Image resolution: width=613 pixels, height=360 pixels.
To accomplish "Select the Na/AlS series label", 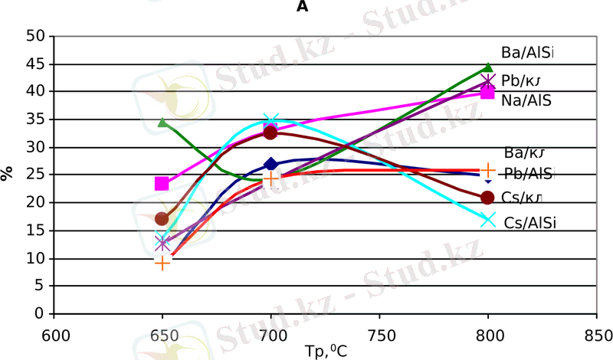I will (526, 100).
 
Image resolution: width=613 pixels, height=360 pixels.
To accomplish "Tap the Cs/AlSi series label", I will (529, 221).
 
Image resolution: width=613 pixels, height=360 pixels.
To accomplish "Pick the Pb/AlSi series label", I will (529, 174).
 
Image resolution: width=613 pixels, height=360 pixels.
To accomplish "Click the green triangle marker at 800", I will (489, 68).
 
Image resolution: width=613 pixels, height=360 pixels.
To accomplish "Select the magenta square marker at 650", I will (162, 184).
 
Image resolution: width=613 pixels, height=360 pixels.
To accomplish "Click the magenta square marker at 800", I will (487, 92).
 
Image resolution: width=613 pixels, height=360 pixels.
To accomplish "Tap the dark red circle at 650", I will (162, 219).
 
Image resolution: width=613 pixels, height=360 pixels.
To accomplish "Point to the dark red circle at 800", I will (487, 198).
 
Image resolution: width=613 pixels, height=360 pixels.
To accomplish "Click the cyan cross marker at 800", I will (488, 220).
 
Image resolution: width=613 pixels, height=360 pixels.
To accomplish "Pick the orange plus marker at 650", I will (162, 263).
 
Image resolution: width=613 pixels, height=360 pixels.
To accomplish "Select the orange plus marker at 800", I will (488, 170).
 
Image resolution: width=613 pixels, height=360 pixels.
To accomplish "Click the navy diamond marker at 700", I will (270, 164).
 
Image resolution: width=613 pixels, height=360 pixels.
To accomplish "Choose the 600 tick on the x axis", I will (53, 335).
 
